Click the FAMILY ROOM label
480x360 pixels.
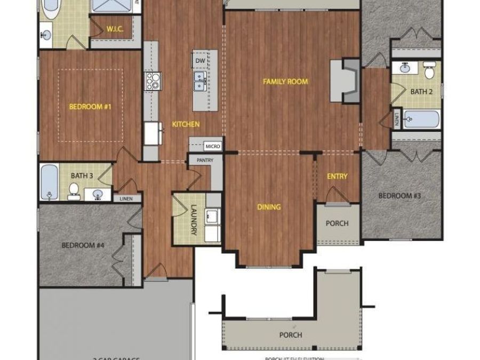click(285, 82)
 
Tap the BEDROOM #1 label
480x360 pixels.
click(90, 107)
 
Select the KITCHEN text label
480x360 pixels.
click(186, 124)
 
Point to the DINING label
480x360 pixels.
click(269, 207)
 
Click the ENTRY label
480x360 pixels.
click(337, 177)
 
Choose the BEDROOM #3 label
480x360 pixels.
click(399, 196)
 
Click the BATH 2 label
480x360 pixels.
click(421, 92)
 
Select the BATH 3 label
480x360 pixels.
click(82, 174)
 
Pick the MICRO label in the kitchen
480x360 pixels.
click(213, 145)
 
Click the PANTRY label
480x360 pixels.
click(205, 159)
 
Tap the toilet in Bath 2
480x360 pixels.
click(429, 69)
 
